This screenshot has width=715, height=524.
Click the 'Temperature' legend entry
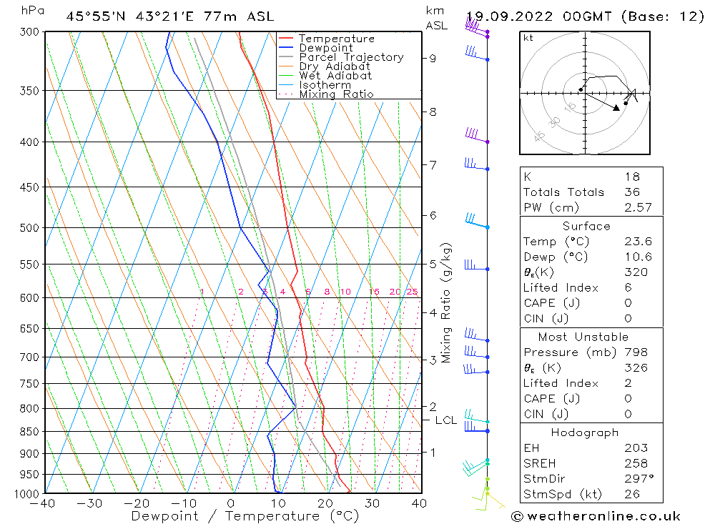pos(336,39)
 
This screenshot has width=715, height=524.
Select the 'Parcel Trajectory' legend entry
pos(351,57)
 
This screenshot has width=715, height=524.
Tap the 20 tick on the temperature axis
pos(325,503)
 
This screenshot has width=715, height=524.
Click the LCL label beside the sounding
pos(445,420)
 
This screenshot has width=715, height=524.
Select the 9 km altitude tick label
pos(433,58)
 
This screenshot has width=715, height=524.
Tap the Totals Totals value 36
pos(632,192)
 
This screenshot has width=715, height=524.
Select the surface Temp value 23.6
pos(638,242)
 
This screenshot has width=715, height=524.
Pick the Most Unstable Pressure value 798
pos(636,352)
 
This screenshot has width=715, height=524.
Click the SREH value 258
pos(636,463)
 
